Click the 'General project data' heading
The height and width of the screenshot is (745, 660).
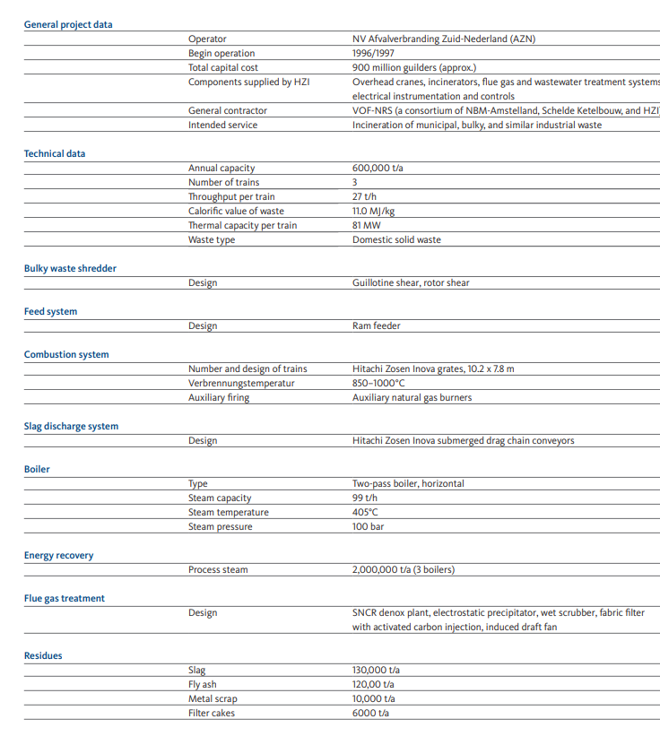(68, 24)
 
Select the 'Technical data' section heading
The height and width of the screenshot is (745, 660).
(55, 153)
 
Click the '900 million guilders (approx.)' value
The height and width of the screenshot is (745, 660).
(414, 67)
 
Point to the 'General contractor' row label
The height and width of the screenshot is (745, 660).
(227, 110)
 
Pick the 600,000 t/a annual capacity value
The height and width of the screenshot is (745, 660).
(378, 168)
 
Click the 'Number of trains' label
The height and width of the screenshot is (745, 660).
(223, 182)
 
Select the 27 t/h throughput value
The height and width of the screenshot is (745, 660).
(364, 196)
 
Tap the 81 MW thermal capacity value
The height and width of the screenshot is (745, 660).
(366, 225)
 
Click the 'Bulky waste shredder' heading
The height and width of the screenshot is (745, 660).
(70, 268)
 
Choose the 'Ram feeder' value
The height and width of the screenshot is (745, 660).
(376, 325)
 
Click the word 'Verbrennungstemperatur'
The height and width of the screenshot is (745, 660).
(241, 383)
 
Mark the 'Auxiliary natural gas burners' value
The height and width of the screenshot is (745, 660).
(412, 397)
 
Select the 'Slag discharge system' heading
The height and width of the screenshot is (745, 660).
(71, 426)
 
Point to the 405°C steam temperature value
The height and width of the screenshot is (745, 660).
(366, 512)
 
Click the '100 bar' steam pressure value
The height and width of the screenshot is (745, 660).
(368, 526)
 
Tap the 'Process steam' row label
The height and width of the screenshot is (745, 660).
(218, 569)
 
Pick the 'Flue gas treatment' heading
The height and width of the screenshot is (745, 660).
(64, 598)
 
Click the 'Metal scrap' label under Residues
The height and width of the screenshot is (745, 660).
(213, 698)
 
